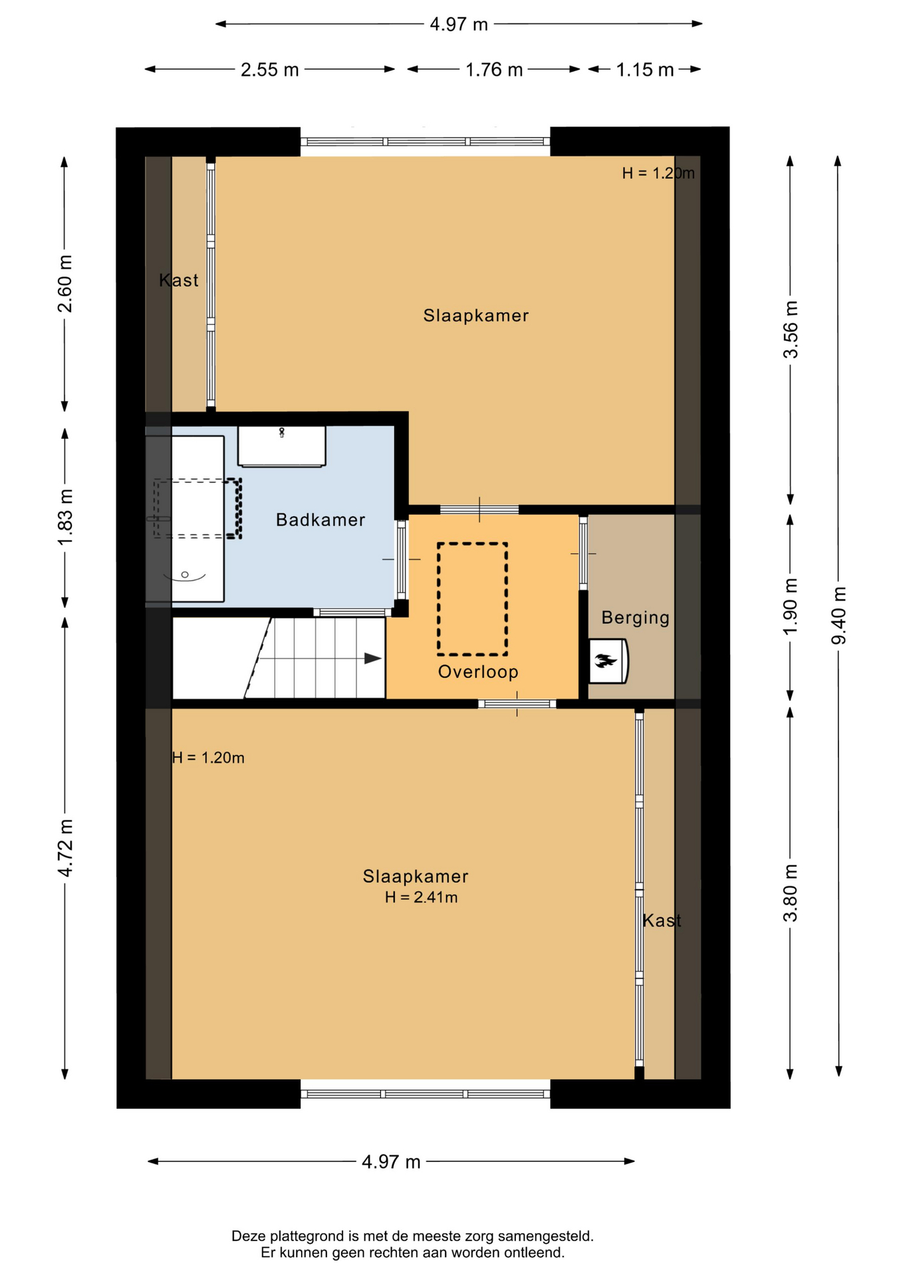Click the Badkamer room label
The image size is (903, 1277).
click(x=321, y=519)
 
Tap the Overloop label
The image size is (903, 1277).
click(x=478, y=672)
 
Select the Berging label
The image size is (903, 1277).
click(x=635, y=618)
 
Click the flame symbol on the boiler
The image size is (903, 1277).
click(x=605, y=661)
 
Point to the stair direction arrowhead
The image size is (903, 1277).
click(x=372, y=658)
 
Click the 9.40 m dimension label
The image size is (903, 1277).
click(x=838, y=615)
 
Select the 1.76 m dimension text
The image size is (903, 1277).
click(x=494, y=70)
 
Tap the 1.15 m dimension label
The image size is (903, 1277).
click(x=645, y=70)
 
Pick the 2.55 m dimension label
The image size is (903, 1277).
click(x=269, y=70)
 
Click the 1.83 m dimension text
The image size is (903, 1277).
click(x=65, y=517)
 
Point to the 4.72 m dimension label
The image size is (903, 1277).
click(x=65, y=848)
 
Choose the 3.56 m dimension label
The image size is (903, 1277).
click(x=790, y=330)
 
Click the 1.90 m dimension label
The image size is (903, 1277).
click(x=790, y=607)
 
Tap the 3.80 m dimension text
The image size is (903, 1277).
click(x=790, y=893)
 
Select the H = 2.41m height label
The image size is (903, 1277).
click(x=421, y=897)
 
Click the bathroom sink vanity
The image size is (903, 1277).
click(x=282, y=446)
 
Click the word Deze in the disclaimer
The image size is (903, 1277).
click(x=247, y=1236)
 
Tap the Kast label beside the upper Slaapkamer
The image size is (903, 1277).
click(x=179, y=281)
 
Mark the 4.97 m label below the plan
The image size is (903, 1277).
click(x=391, y=1162)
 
